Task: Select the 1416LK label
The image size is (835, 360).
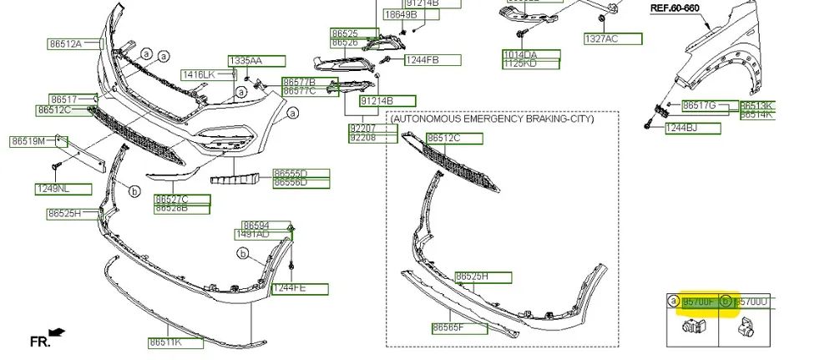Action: (x=199, y=74)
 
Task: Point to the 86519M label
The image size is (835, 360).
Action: (x=28, y=141)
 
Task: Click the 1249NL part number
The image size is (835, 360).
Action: (x=52, y=188)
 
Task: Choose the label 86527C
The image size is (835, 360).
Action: (x=171, y=199)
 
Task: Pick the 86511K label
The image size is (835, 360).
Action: (x=165, y=342)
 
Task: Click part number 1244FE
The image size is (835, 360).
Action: (x=289, y=289)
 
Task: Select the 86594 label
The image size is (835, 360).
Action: (x=256, y=226)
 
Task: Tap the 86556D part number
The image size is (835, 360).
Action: (x=291, y=182)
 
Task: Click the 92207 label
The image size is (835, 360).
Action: (x=362, y=129)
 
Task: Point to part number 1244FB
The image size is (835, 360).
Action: (x=422, y=60)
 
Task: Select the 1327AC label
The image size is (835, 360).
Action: (x=601, y=39)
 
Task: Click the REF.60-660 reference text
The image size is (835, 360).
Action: (x=674, y=8)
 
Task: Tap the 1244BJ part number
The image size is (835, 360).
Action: (x=681, y=128)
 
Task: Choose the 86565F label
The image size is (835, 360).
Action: (x=448, y=328)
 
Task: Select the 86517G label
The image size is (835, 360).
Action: (x=699, y=105)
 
